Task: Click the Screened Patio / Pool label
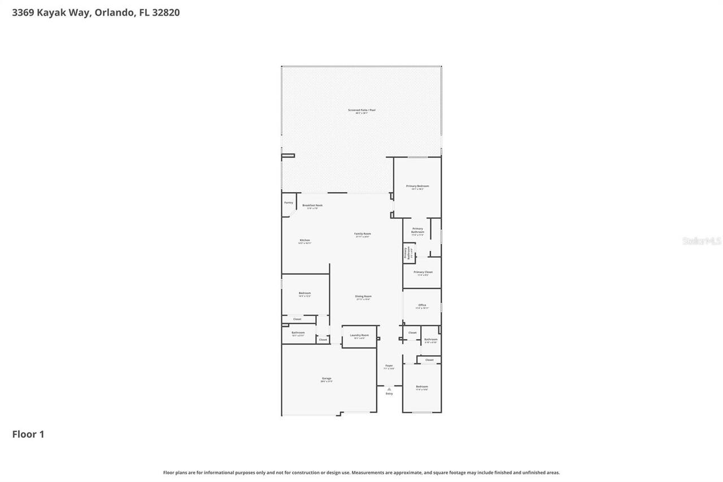click(361, 110)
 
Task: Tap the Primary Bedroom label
click(417, 186)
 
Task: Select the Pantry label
click(289, 202)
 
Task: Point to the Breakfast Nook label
click(312, 205)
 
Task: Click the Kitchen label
click(304, 240)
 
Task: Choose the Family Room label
click(362, 233)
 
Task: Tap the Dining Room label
click(363, 296)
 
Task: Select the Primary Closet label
click(423, 272)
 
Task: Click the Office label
click(422, 305)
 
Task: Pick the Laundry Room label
click(359, 335)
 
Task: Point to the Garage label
click(326, 378)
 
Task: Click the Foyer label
click(389, 366)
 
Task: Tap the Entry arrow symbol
click(389, 389)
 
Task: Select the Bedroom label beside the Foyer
click(422, 387)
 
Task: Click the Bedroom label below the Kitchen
click(304, 293)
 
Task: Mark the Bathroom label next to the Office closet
click(430, 339)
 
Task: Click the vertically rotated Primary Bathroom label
click(406, 253)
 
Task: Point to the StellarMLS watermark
click(702, 241)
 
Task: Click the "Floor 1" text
click(28, 434)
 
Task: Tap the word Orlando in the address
click(114, 12)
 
